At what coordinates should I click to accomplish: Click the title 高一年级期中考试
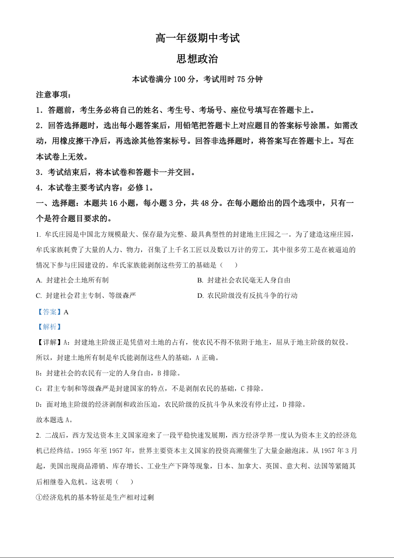[197, 38]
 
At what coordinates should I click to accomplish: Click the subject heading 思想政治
[197, 59]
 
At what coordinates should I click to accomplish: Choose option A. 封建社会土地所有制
[72, 280]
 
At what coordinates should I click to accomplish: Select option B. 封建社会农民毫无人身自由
[243, 280]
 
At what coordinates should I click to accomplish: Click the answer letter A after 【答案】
[66, 312]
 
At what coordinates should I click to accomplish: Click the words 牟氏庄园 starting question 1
[57, 234]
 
